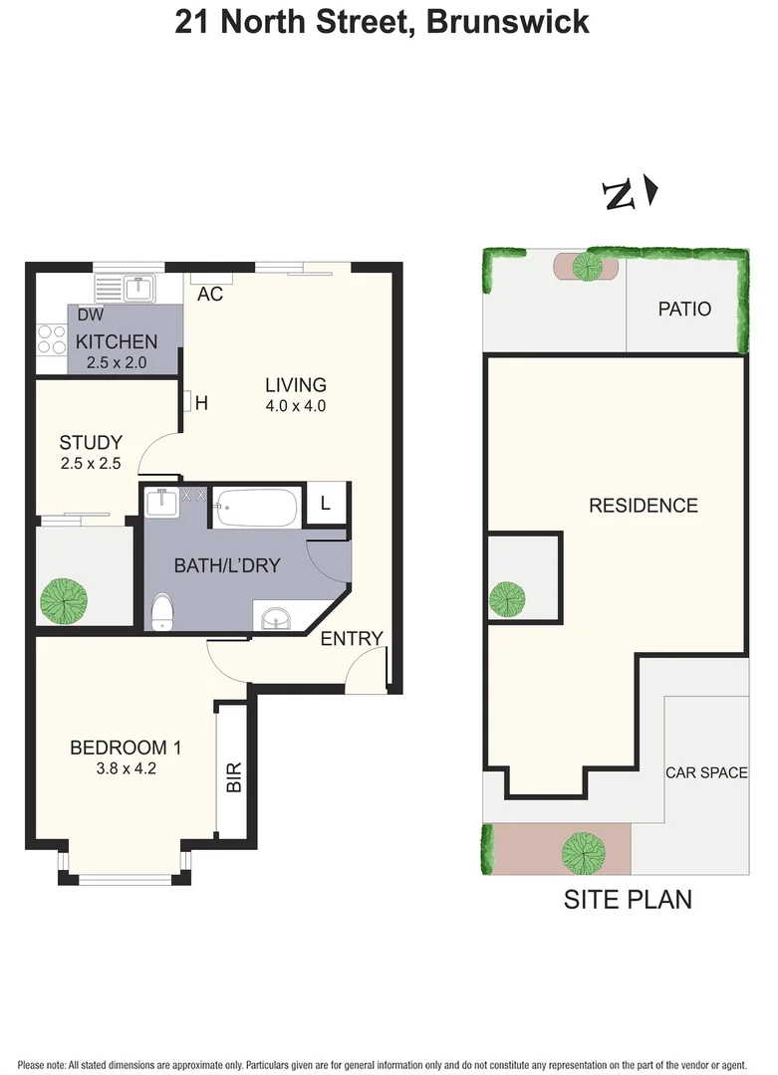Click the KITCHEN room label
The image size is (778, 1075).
click(x=117, y=341)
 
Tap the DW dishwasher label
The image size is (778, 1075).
click(x=91, y=315)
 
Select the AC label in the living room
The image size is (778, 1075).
click(x=209, y=294)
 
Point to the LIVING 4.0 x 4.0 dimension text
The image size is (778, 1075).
click(x=296, y=406)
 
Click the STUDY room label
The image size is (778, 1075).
click(x=91, y=442)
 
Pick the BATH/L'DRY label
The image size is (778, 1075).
click(x=227, y=565)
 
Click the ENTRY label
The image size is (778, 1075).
click(x=351, y=639)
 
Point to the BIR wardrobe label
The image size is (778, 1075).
click(x=234, y=776)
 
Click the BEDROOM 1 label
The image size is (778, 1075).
click(x=125, y=748)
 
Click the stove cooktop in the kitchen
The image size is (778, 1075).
click(x=51, y=340)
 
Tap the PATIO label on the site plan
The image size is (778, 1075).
click(x=684, y=309)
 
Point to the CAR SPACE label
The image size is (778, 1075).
click(x=706, y=772)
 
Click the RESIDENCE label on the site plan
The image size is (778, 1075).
click(x=643, y=506)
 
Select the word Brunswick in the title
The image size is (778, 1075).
click(x=507, y=22)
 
